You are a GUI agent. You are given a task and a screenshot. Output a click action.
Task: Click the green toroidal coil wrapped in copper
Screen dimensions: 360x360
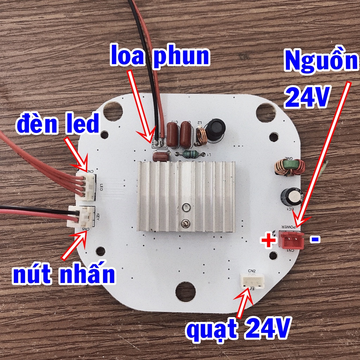point(289,167)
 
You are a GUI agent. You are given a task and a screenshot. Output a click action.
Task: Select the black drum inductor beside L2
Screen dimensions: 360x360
point(216,129)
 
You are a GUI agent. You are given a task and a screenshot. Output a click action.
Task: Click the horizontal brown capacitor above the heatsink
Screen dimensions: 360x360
point(161,156)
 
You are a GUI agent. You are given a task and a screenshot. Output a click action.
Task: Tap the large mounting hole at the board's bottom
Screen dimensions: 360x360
point(186,291)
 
